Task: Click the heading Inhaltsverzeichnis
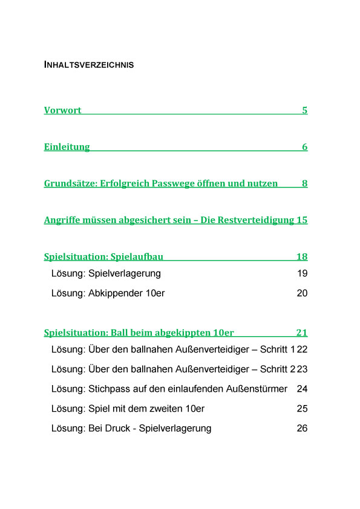tap(89, 65)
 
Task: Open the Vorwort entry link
tap(62, 111)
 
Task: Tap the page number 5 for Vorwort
tap(305, 111)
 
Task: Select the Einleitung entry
tap(67, 147)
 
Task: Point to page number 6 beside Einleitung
tap(305, 147)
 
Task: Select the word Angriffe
tap(63, 220)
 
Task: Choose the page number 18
tap(302, 256)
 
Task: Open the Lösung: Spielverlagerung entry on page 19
tap(106, 274)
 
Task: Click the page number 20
tap(303, 293)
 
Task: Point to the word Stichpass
tap(108, 389)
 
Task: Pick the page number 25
tap(303, 409)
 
